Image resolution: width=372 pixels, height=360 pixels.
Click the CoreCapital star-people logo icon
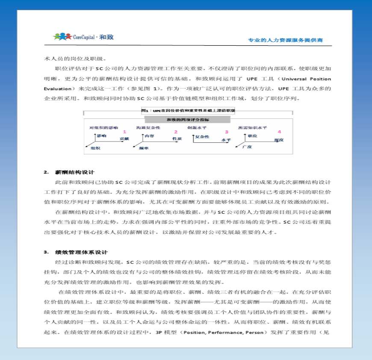(x=62, y=37)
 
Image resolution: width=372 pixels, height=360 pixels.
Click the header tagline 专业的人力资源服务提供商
(x=285, y=40)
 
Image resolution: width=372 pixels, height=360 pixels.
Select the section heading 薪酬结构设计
(x=74, y=172)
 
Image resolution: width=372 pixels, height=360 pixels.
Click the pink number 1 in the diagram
(x=124, y=132)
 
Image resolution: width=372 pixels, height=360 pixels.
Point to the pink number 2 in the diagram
(x=175, y=132)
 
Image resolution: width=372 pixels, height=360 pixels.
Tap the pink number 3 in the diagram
(x=227, y=132)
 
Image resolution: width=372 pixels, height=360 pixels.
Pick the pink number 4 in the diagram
(x=279, y=132)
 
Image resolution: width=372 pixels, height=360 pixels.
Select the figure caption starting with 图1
(x=188, y=110)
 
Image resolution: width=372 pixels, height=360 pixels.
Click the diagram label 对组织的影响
(x=103, y=127)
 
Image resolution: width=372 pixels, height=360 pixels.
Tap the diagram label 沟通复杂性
(x=148, y=127)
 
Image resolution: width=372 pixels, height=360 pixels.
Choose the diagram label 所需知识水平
(x=252, y=127)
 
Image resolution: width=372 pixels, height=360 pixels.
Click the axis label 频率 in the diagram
(x=144, y=148)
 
